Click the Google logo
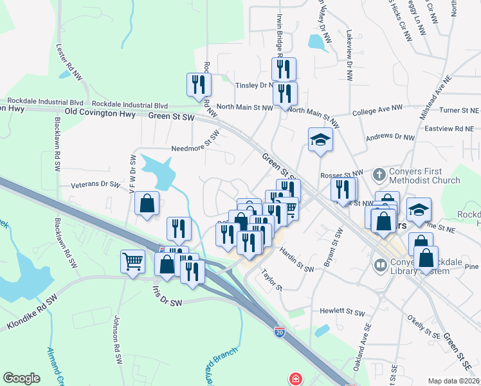coord(21,378)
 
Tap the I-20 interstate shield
coord(279,332)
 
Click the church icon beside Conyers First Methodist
coord(379,174)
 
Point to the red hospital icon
coord(295,379)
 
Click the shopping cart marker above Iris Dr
coord(132,262)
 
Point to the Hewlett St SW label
coord(342,310)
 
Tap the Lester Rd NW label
coord(69,62)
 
